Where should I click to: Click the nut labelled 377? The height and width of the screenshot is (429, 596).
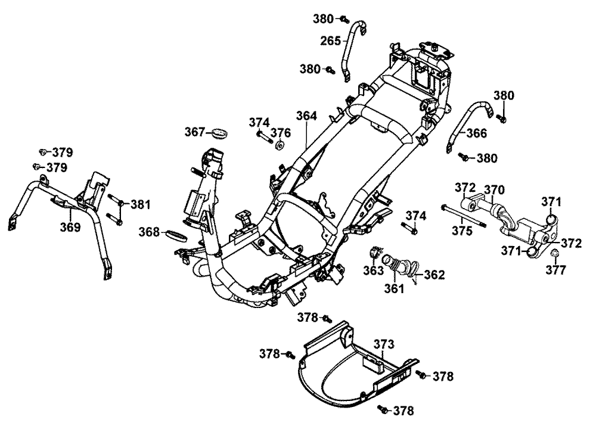pos(552,254)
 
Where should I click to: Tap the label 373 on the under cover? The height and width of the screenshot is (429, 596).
pos(384,344)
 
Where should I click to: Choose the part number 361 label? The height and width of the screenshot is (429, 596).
pos(394,289)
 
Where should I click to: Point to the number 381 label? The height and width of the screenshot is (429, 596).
pos(141,204)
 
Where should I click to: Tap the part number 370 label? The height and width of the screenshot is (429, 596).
pos(494,190)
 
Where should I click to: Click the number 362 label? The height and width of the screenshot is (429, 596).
pos(434,275)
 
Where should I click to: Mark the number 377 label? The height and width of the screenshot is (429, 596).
pos(557,270)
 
